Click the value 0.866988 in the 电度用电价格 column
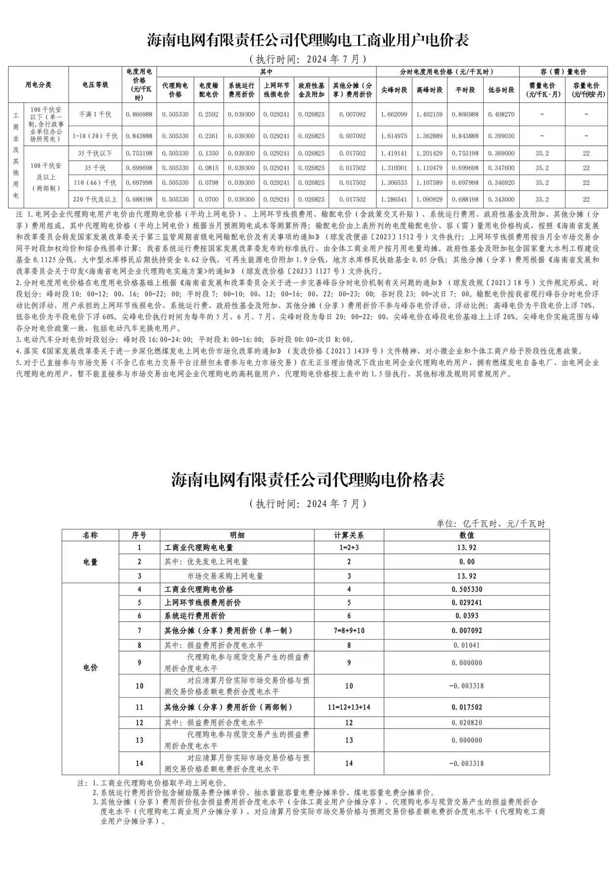pos(139,115)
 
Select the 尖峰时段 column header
pos(394,90)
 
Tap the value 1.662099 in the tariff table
pos(394,115)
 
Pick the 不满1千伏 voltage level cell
pos(95,115)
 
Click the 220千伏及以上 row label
pos(95,199)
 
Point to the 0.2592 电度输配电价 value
pos(209,115)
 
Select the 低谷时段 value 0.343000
pos(501,199)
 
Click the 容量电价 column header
pos(586,90)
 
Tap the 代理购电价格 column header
pos(175,90)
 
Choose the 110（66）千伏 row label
pos(95,183)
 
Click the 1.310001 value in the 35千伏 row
pos(394,168)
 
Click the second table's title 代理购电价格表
pos(308,480)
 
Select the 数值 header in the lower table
pos(466,535)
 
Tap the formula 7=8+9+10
pos(349,630)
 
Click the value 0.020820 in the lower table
pos(466,722)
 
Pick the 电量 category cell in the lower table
pos(90,562)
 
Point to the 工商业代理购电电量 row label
pos(199,548)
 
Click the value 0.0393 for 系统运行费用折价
pos(466,615)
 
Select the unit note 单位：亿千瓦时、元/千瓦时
pos(490,524)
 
